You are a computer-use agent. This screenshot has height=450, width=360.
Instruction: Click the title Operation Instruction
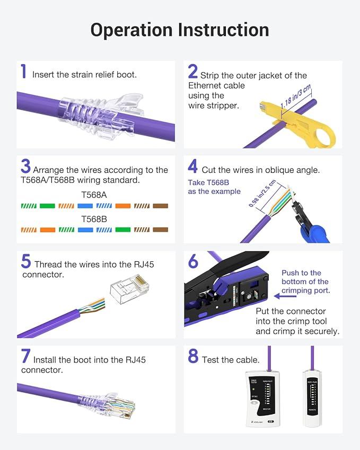tap(179, 30)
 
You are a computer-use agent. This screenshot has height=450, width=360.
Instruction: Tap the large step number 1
tap(23, 72)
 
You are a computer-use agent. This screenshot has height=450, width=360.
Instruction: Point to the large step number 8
tap(193, 357)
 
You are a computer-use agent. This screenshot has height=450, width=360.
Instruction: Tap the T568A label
tap(94, 195)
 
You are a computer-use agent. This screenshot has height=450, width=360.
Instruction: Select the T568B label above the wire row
tap(94, 218)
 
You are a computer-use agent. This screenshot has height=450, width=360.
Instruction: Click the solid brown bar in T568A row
tap(160, 206)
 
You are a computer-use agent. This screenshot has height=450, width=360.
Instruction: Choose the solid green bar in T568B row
tap(122, 230)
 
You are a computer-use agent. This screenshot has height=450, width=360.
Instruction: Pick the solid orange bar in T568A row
tap(122, 206)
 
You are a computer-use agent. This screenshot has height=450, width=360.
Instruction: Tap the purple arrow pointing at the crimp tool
tap(285, 297)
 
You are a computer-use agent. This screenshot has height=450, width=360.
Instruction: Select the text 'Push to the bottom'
tap(305, 277)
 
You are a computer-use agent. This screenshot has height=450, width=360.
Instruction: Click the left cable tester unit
tap(263, 399)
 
